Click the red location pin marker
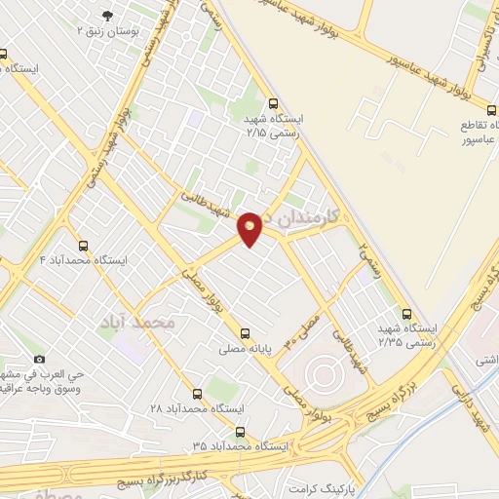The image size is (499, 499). click(x=249, y=227)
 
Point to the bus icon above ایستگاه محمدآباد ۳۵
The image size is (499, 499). click(x=240, y=431)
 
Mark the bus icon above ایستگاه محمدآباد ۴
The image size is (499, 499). click(x=82, y=246)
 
